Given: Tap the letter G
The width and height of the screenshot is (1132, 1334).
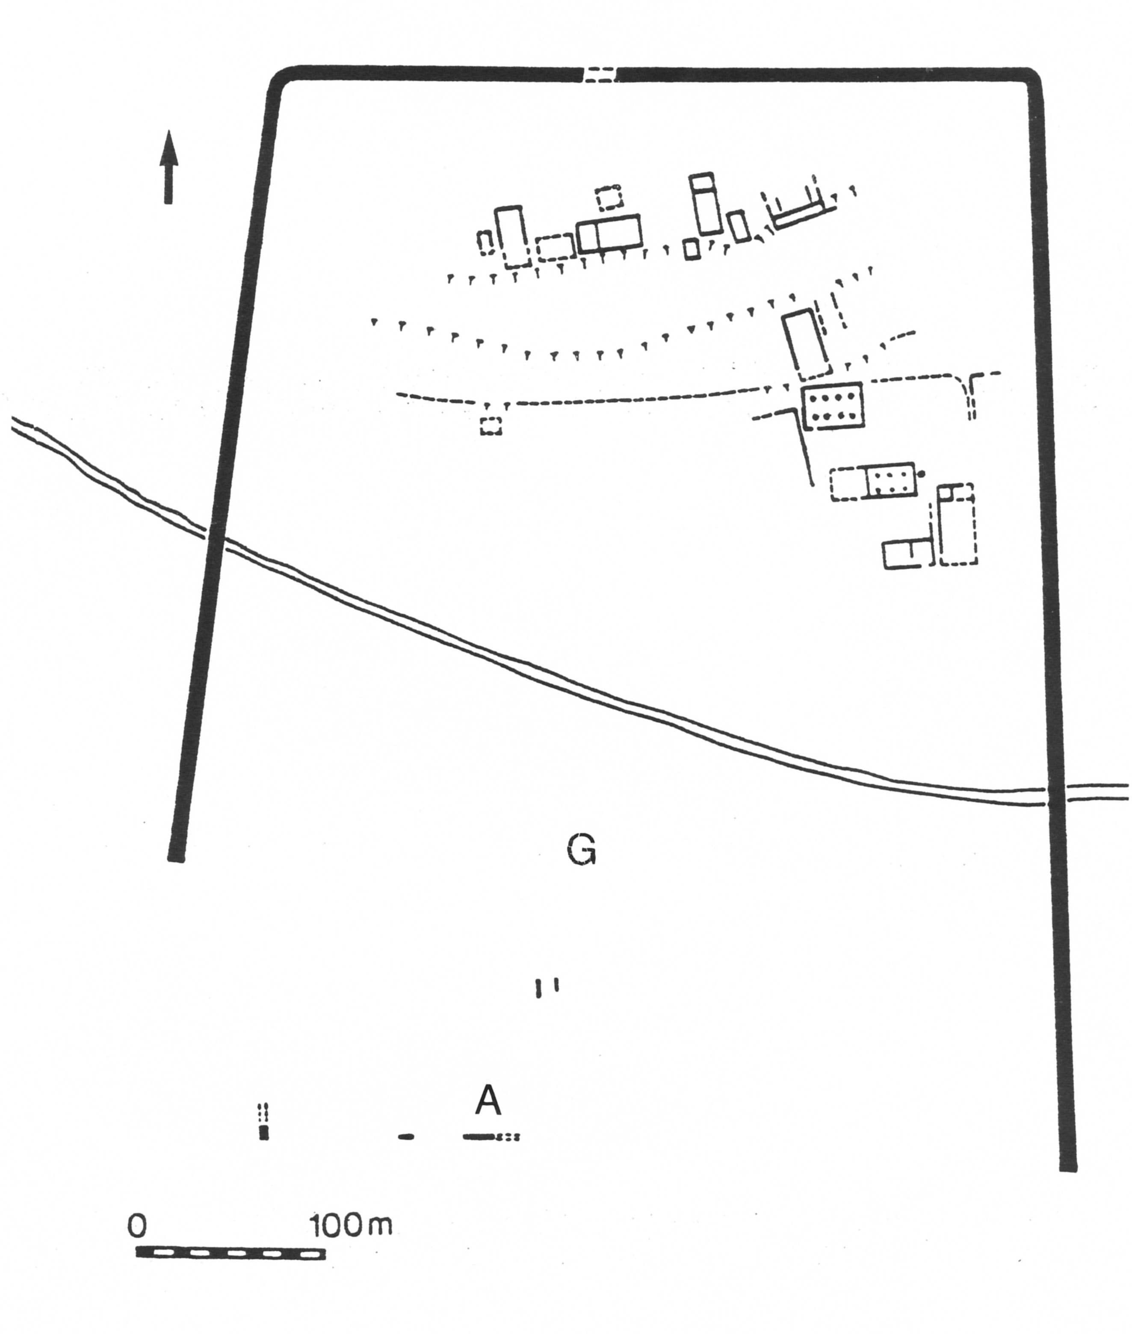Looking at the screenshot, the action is coord(582,851).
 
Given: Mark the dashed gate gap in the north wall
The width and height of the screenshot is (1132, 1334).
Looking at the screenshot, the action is coord(600,74).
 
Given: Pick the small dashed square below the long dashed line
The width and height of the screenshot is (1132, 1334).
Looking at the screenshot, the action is coord(491,426).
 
